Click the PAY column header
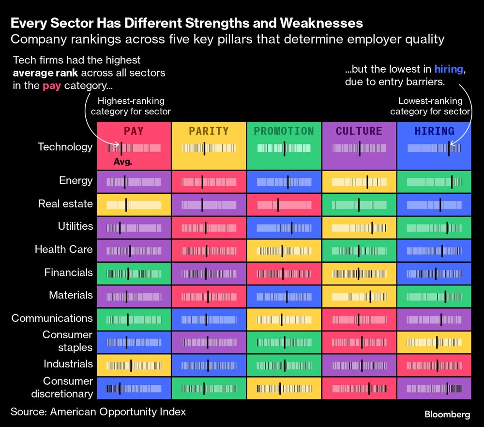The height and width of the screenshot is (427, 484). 134,131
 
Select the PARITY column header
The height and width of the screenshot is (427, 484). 209,131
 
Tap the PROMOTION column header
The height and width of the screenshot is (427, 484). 284,131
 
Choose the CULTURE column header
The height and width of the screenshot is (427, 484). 359,131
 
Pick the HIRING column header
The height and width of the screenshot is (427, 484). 434,131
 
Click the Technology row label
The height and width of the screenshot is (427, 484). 65,147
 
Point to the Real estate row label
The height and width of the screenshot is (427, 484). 65,204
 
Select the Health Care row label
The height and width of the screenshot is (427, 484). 63,250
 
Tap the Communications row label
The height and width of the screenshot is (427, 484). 52,318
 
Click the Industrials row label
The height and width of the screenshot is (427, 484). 68,364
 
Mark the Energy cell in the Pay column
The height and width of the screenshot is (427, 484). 134,182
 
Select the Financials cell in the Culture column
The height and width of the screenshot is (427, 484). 359,273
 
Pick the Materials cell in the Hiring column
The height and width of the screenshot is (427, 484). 434,296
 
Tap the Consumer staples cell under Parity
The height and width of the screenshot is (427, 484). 209,342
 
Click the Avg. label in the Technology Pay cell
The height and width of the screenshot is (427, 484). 122,162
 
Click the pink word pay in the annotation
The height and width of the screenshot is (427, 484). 52,86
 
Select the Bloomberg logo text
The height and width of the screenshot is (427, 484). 447,414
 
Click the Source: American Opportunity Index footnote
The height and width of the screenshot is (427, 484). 98,412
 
